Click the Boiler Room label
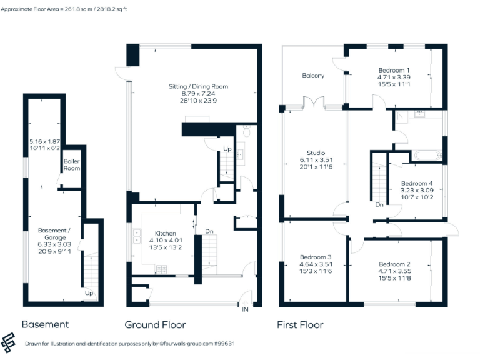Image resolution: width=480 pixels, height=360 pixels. click(72, 164)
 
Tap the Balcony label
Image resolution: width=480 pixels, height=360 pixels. click(313, 76)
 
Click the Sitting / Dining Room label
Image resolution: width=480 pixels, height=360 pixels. click(198, 86)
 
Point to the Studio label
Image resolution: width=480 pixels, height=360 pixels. click(316, 152)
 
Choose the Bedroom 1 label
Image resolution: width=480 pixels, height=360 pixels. click(394, 70)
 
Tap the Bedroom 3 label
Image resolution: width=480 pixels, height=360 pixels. click(316, 257)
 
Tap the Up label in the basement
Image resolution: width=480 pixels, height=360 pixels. click(89, 292)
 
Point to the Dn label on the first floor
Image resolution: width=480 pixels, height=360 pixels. click(379, 204)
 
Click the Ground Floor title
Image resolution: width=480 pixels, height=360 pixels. click(155, 325)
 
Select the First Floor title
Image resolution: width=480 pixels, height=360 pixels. click(300, 325)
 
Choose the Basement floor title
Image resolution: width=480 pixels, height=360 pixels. click(45, 325)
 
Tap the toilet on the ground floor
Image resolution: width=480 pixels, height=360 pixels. click(247, 132)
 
